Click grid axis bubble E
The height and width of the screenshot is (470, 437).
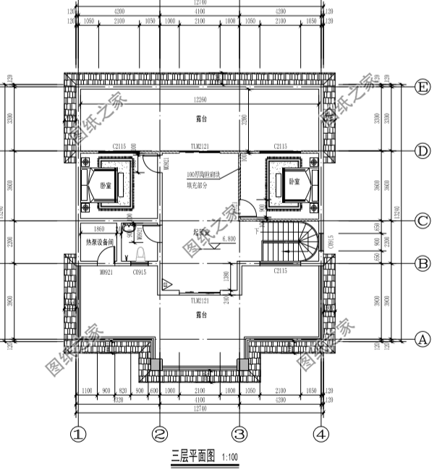pyautogui.click(x=423, y=87)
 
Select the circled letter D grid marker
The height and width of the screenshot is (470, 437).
pyautogui.click(x=423, y=150)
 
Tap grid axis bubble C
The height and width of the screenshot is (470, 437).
pyautogui.click(x=423, y=220)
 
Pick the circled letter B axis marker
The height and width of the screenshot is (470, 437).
pyautogui.click(x=423, y=264)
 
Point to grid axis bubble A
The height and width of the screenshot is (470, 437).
pyautogui.click(x=423, y=339)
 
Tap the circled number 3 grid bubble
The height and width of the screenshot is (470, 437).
pyautogui.click(x=240, y=435)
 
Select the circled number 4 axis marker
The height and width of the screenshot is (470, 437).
pyautogui.click(x=321, y=435)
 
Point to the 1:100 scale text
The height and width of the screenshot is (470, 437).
pyautogui.click(x=229, y=457)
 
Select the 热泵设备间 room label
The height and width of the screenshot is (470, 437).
pyautogui.click(x=99, y=242)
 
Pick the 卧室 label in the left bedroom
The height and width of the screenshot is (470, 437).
pyautogui.click(x=106, y=186)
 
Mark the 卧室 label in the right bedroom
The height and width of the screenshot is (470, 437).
pyautogui.click(x=294, y=181)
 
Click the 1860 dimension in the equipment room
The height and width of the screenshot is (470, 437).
pyautogui.click(x=99, y=228)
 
